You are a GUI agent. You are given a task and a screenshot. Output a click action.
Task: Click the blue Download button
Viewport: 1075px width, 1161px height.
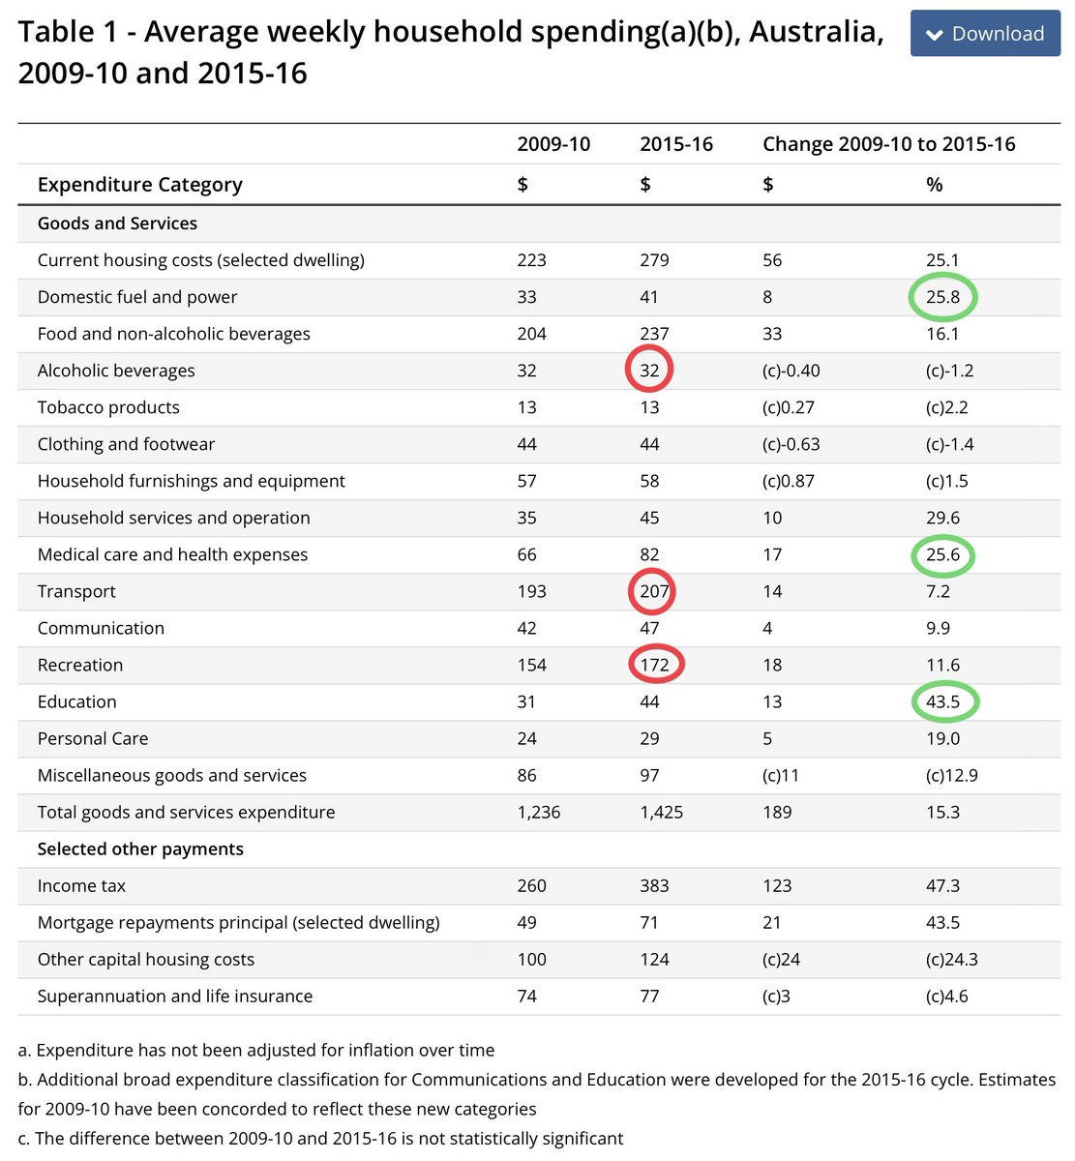click(985, 33)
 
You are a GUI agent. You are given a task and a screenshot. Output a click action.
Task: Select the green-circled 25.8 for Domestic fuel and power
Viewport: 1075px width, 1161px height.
click(942, 297)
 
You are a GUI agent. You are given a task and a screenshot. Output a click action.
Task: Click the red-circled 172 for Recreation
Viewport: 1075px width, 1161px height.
click(654, 665)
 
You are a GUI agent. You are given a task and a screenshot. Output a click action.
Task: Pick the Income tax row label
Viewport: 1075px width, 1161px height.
click(81, 885)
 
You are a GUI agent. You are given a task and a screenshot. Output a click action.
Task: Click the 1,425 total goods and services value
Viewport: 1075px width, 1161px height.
click(661, 812)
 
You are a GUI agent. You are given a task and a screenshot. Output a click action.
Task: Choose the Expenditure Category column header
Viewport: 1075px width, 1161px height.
click(139, 185)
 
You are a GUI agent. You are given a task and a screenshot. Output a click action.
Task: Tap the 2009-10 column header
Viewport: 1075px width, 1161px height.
click(553, 144)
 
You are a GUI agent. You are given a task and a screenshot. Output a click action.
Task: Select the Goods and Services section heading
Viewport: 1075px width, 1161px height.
click(117, 223)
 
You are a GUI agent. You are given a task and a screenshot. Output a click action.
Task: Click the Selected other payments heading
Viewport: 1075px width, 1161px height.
click(140, 848)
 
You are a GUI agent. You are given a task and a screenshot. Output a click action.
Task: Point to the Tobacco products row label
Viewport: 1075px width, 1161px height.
click(108, 407)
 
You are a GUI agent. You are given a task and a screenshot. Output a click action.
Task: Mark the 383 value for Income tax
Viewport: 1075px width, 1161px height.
click(654, 885)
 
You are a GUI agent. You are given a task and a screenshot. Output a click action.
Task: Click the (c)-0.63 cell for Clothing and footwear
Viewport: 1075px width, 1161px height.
click(791, 444)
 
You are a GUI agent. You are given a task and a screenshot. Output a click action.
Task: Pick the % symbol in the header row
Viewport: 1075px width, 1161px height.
click(934, 185)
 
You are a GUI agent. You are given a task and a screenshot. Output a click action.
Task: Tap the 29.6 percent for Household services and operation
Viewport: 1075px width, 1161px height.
click(942, 518)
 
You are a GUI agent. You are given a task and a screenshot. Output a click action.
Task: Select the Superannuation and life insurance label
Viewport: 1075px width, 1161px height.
click(175, 997)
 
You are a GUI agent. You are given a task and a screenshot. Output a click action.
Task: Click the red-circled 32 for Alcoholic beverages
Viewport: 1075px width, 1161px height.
click(649, 371)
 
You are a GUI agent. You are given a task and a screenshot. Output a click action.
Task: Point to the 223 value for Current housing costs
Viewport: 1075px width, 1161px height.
click(531, 260)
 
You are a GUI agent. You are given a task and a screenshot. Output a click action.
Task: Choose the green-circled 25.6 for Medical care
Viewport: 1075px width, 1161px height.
click(942, 554)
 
